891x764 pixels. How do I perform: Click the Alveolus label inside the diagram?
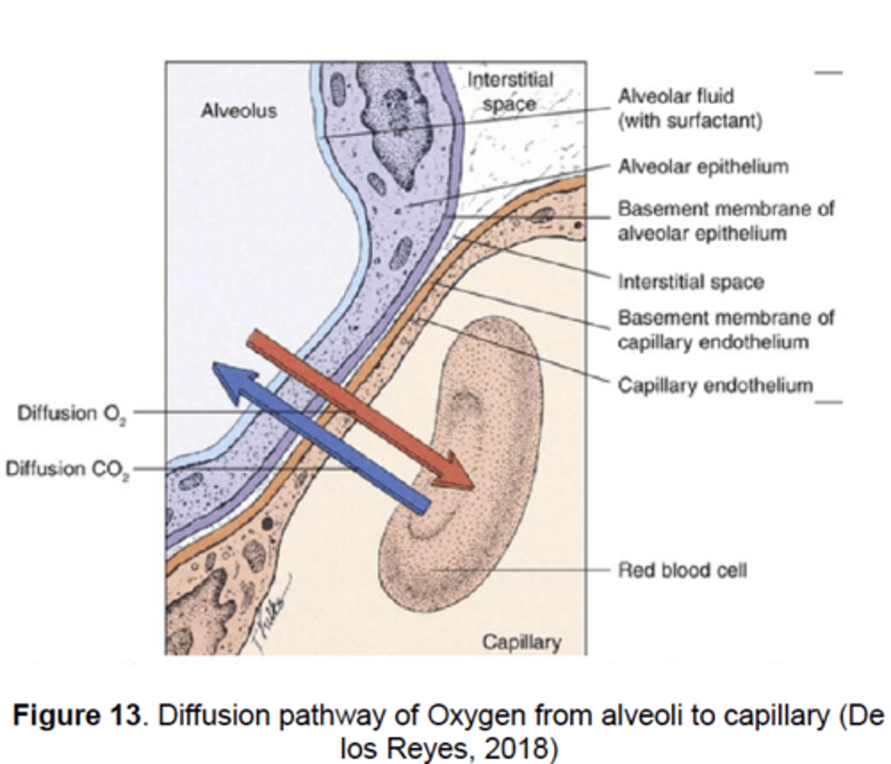(239, 111)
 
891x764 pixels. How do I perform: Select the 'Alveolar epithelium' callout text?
(703, 167)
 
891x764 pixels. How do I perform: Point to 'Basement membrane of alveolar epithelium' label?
(726, 221)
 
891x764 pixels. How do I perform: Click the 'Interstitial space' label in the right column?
(691, 281)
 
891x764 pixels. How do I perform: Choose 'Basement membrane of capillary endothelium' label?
(726, 330)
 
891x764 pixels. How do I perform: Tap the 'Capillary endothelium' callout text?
(715, 385)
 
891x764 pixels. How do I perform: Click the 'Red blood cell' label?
(682, 569)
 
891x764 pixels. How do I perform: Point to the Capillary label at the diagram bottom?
(521, 642)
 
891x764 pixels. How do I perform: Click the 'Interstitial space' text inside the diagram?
(509, 92)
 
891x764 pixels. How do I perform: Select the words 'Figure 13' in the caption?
(76, 716)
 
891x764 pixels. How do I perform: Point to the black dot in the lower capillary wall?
(268, 523)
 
